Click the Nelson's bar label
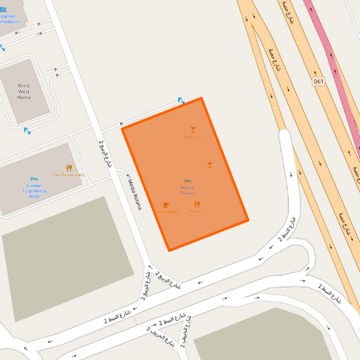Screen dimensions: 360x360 click(192, 137)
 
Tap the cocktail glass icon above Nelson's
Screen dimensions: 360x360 click(192, 128)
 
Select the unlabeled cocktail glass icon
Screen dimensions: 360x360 click(209, 164)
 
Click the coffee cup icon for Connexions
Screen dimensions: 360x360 click(166, 204)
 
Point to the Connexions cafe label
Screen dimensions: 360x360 click(166, 212)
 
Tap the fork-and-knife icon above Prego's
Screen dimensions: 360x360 click(197, 204)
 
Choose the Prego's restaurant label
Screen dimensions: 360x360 click(197, 212)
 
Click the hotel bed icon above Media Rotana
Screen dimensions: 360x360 click(187, 182)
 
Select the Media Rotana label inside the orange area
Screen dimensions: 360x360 click(187, 190)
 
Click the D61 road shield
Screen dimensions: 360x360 click(319, 82)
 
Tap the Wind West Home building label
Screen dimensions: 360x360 click(24, 92)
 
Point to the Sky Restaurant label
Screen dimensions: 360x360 click(69, 175)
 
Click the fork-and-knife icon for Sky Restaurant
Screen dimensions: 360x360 click(69, 167)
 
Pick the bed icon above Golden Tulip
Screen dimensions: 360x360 click(34, 178)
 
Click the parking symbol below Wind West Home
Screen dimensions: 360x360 click(26, 130)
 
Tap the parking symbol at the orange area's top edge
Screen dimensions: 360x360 click(180, 101)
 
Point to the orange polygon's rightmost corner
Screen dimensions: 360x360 click(248, 220)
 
